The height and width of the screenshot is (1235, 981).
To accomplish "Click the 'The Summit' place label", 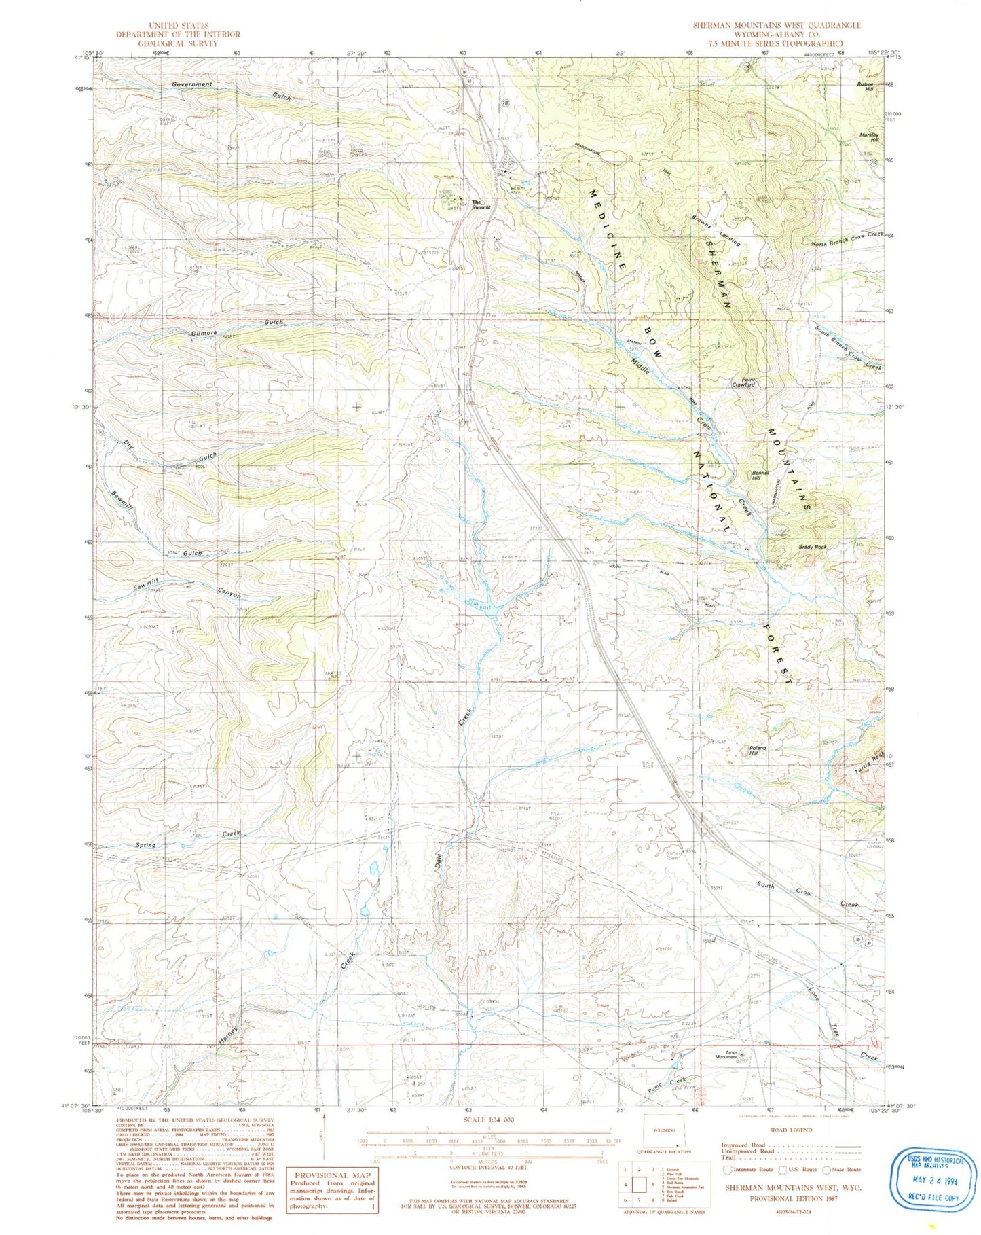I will coord(480,204).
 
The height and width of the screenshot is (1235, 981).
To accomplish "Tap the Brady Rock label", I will coord(812,547).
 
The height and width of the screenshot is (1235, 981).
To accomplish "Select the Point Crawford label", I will coord(743,382).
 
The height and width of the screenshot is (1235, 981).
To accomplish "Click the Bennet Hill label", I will coord(760,475).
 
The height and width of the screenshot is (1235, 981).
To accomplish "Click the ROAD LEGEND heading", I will coord(791,1130).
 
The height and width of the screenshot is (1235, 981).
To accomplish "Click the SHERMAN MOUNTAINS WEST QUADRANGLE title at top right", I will coord(777,26).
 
